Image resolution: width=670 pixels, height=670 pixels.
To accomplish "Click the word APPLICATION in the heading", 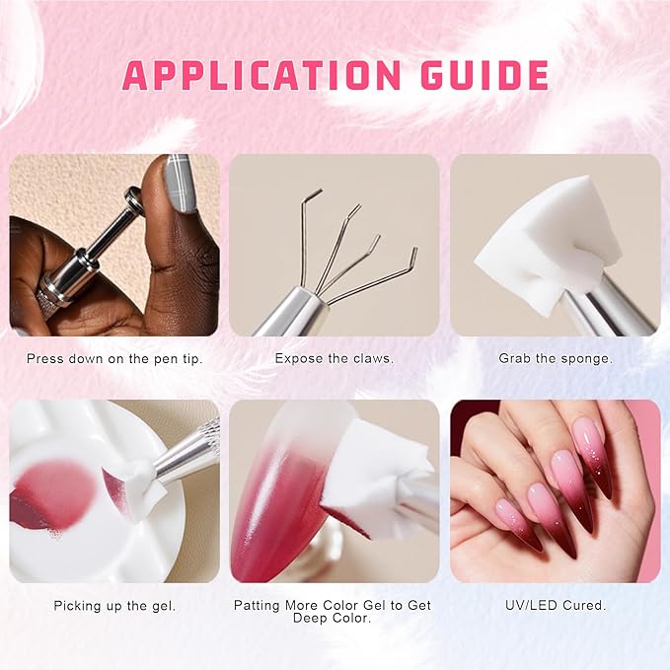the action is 261,75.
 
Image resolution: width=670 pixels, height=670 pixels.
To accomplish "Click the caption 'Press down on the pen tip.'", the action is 114,358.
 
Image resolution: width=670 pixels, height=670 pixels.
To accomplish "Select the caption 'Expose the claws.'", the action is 335,358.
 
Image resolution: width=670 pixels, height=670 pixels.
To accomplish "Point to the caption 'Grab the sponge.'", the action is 556,358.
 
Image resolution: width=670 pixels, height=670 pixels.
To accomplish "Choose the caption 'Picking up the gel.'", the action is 114,606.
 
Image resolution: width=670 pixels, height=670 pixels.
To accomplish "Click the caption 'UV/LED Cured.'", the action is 556,605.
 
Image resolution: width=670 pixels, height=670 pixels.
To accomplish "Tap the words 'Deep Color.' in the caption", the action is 332,618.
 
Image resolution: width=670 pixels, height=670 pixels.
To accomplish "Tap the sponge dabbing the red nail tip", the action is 376,483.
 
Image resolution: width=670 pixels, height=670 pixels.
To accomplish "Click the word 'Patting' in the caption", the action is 258,606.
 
